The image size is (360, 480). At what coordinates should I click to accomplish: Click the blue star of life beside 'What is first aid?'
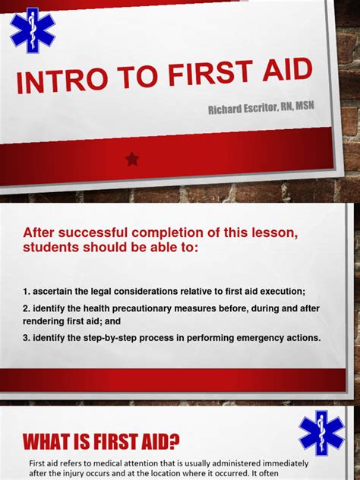(x=321, y=433)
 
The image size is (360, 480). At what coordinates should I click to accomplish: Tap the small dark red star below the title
(x=133, y=159)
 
